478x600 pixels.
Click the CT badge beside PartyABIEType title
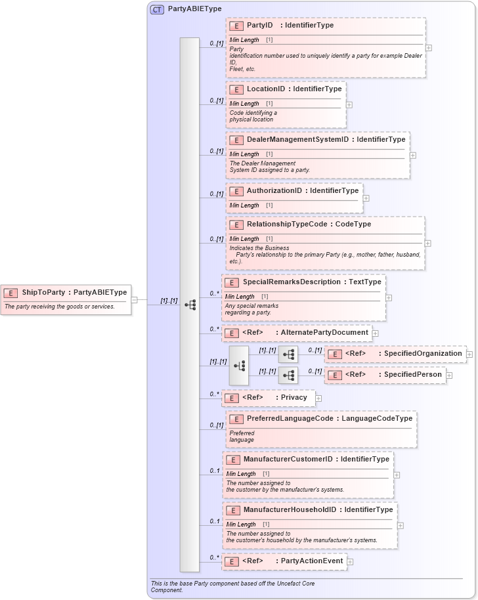click(x=157, y=9)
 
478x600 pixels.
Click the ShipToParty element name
click(x=43, y=292)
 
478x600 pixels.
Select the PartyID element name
click(x=259, y=26)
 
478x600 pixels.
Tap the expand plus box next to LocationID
click(x=349, y=104)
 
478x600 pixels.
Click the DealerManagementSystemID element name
click(x=297, y=140)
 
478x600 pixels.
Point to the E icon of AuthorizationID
click(x=236, y=191)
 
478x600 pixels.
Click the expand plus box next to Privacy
click(x=318, y=398)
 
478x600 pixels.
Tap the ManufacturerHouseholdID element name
click(x=290, y=510)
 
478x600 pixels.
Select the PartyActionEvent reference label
click(x=312, y=561)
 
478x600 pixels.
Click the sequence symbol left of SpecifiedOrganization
click(x=288, y=354)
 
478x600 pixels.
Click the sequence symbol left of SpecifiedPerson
click(x=288, y=375)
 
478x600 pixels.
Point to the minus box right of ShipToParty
click(x=134, y=300)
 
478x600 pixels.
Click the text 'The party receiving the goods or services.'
click(x=60, y=307)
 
